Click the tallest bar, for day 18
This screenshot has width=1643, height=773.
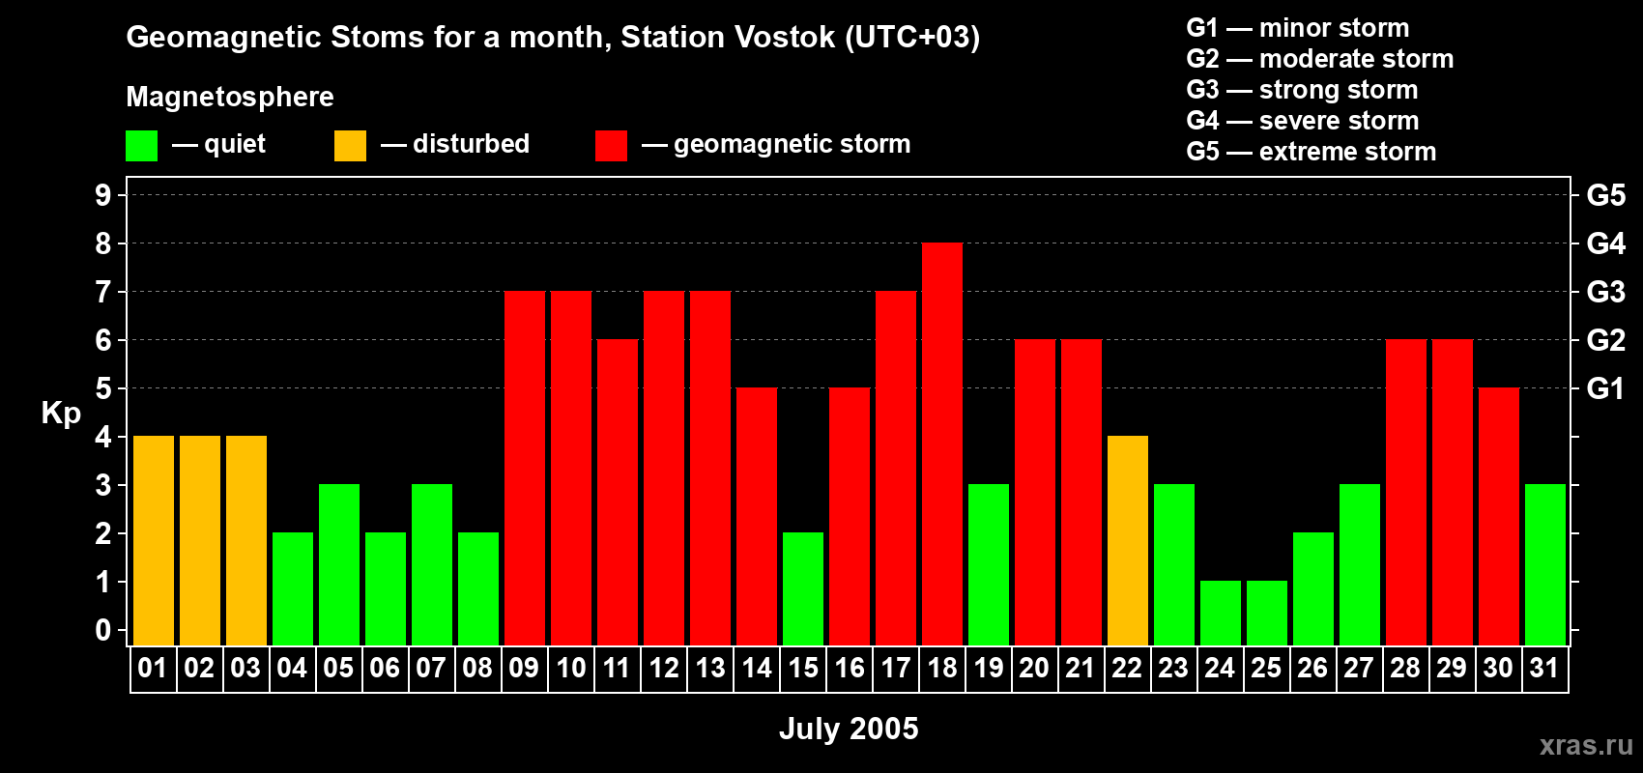pos(942,444)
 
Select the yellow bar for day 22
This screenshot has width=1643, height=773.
pos(1128,541)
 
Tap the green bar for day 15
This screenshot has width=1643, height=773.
pos(803,589)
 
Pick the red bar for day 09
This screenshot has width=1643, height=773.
pos(525,469)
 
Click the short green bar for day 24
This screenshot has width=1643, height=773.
pos(1221,614)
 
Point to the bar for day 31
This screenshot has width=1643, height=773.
pos(1545,565)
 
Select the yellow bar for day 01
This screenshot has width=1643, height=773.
pos(154,541)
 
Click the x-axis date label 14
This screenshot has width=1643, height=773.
pos(757,669)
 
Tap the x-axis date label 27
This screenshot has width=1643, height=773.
pos(1359,669)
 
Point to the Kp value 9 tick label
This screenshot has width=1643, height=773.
pos(103,195)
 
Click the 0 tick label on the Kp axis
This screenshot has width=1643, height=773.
pos(103,631)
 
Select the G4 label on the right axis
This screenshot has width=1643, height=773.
pos(1605,243)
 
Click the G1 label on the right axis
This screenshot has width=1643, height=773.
pos(1605,388)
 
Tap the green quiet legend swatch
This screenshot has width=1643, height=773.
pos(141,146)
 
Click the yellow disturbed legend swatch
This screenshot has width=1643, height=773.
pos(350,146)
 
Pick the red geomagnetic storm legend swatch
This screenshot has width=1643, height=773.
pos(611,146)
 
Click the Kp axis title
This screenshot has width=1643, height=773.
pos(61,414)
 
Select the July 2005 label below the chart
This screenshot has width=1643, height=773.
pos(849,729)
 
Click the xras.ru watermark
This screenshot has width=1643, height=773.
pos(1586,745)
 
